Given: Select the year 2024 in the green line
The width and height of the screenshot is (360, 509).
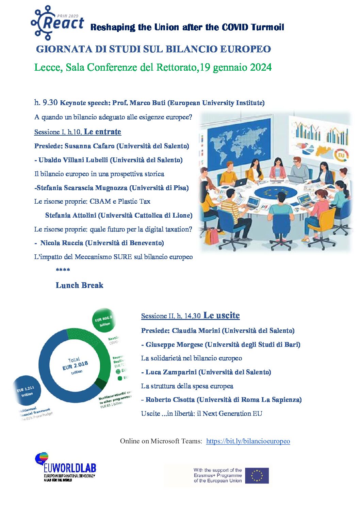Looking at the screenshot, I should (x=261, y=67).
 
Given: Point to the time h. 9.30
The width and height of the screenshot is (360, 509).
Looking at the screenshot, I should (x=46, y=102).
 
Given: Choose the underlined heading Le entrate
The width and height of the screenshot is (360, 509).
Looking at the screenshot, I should (x=102, y=132).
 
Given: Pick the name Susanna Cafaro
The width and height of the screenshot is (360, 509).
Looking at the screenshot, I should (x=89, y=146).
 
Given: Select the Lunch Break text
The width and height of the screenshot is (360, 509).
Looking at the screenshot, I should (x=79, y=285).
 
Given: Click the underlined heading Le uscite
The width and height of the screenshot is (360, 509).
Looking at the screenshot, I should (x=221, y=316).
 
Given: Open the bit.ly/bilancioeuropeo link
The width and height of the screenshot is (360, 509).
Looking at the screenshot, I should (x=248, y=441).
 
